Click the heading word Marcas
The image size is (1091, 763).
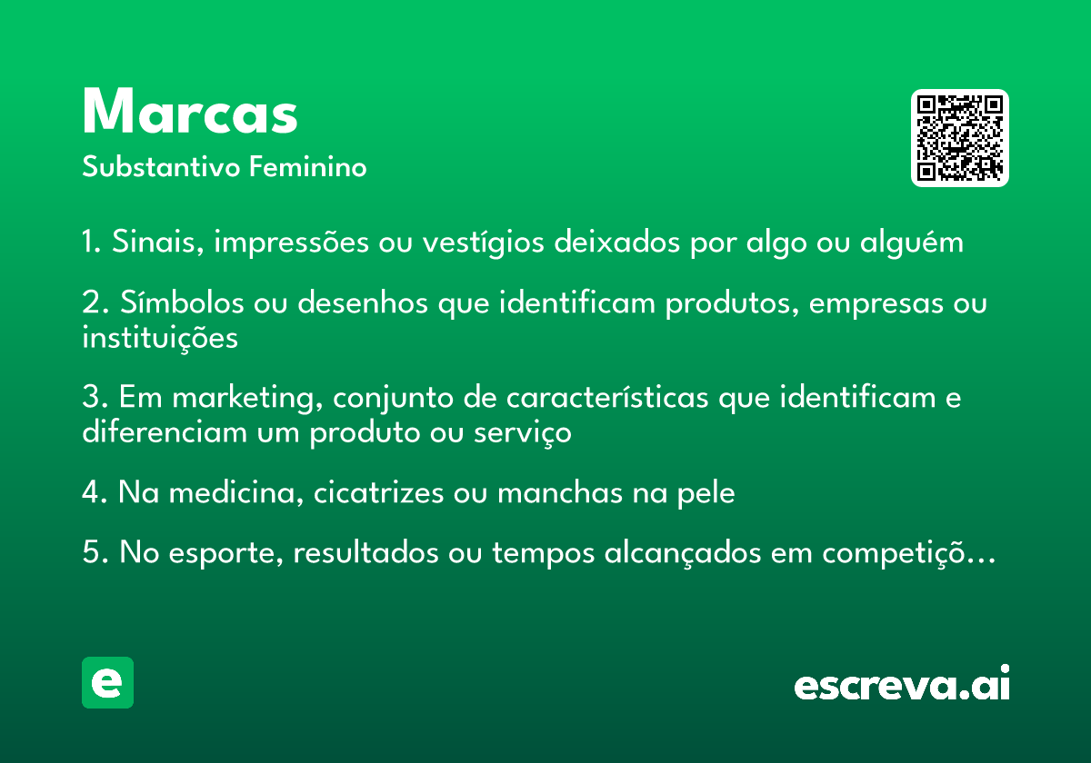pos(190,111)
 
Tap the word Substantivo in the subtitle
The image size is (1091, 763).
pos(161,167)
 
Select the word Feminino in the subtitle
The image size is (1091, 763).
pos(308,167)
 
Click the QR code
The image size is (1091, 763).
pos(959,138)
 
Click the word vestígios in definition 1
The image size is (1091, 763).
pos(483,243)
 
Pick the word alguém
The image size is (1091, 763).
pos(911,243)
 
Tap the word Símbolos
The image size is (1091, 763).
pos(182,302)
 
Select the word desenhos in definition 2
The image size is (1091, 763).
pos(363,302)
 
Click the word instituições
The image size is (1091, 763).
pos(160,338)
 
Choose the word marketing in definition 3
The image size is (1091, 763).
pos(247,398)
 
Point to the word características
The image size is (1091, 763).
pos(607,398)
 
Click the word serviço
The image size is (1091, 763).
pos(523,433)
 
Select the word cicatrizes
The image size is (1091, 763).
pos(378,492)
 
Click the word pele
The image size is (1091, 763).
pos(706,493)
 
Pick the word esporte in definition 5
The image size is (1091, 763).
pos(226,553)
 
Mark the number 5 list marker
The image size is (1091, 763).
pos(92,552)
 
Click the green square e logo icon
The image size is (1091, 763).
pos(107,682)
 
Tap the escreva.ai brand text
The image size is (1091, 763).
pos(902,683)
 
